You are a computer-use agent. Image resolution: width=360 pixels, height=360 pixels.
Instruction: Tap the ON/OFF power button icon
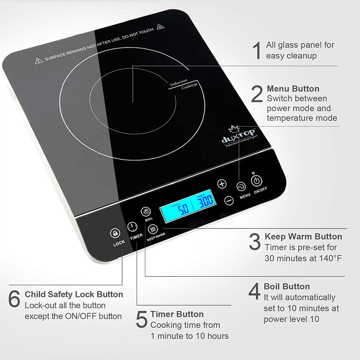[256, 181]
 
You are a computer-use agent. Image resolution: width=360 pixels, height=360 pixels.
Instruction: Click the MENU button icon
[241, 186]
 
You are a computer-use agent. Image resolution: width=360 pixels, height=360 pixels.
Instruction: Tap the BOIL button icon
[146, 211]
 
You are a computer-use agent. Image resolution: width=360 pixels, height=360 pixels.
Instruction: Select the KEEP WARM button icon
[153, 228]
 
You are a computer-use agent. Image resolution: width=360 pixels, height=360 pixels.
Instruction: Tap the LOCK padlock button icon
[115, 233]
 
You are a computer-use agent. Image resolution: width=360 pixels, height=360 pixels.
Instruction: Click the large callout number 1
[257, 51]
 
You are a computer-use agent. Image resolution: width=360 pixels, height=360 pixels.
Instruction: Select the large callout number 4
[255, 291]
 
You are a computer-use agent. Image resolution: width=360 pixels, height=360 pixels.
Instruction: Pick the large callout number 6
[14, 299]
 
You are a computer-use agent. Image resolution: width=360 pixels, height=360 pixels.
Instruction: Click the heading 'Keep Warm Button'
[303, 237]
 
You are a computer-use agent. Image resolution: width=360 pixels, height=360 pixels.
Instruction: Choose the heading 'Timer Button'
[177, 314]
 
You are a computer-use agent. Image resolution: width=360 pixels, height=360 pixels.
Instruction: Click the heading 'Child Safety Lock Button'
[74, 294]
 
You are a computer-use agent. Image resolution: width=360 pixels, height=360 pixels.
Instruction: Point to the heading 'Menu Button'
[293, 89]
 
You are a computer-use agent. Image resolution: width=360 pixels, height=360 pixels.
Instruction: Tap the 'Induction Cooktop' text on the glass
[183, 84]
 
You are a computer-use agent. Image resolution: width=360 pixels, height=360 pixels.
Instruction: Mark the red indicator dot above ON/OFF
[253, 173]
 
